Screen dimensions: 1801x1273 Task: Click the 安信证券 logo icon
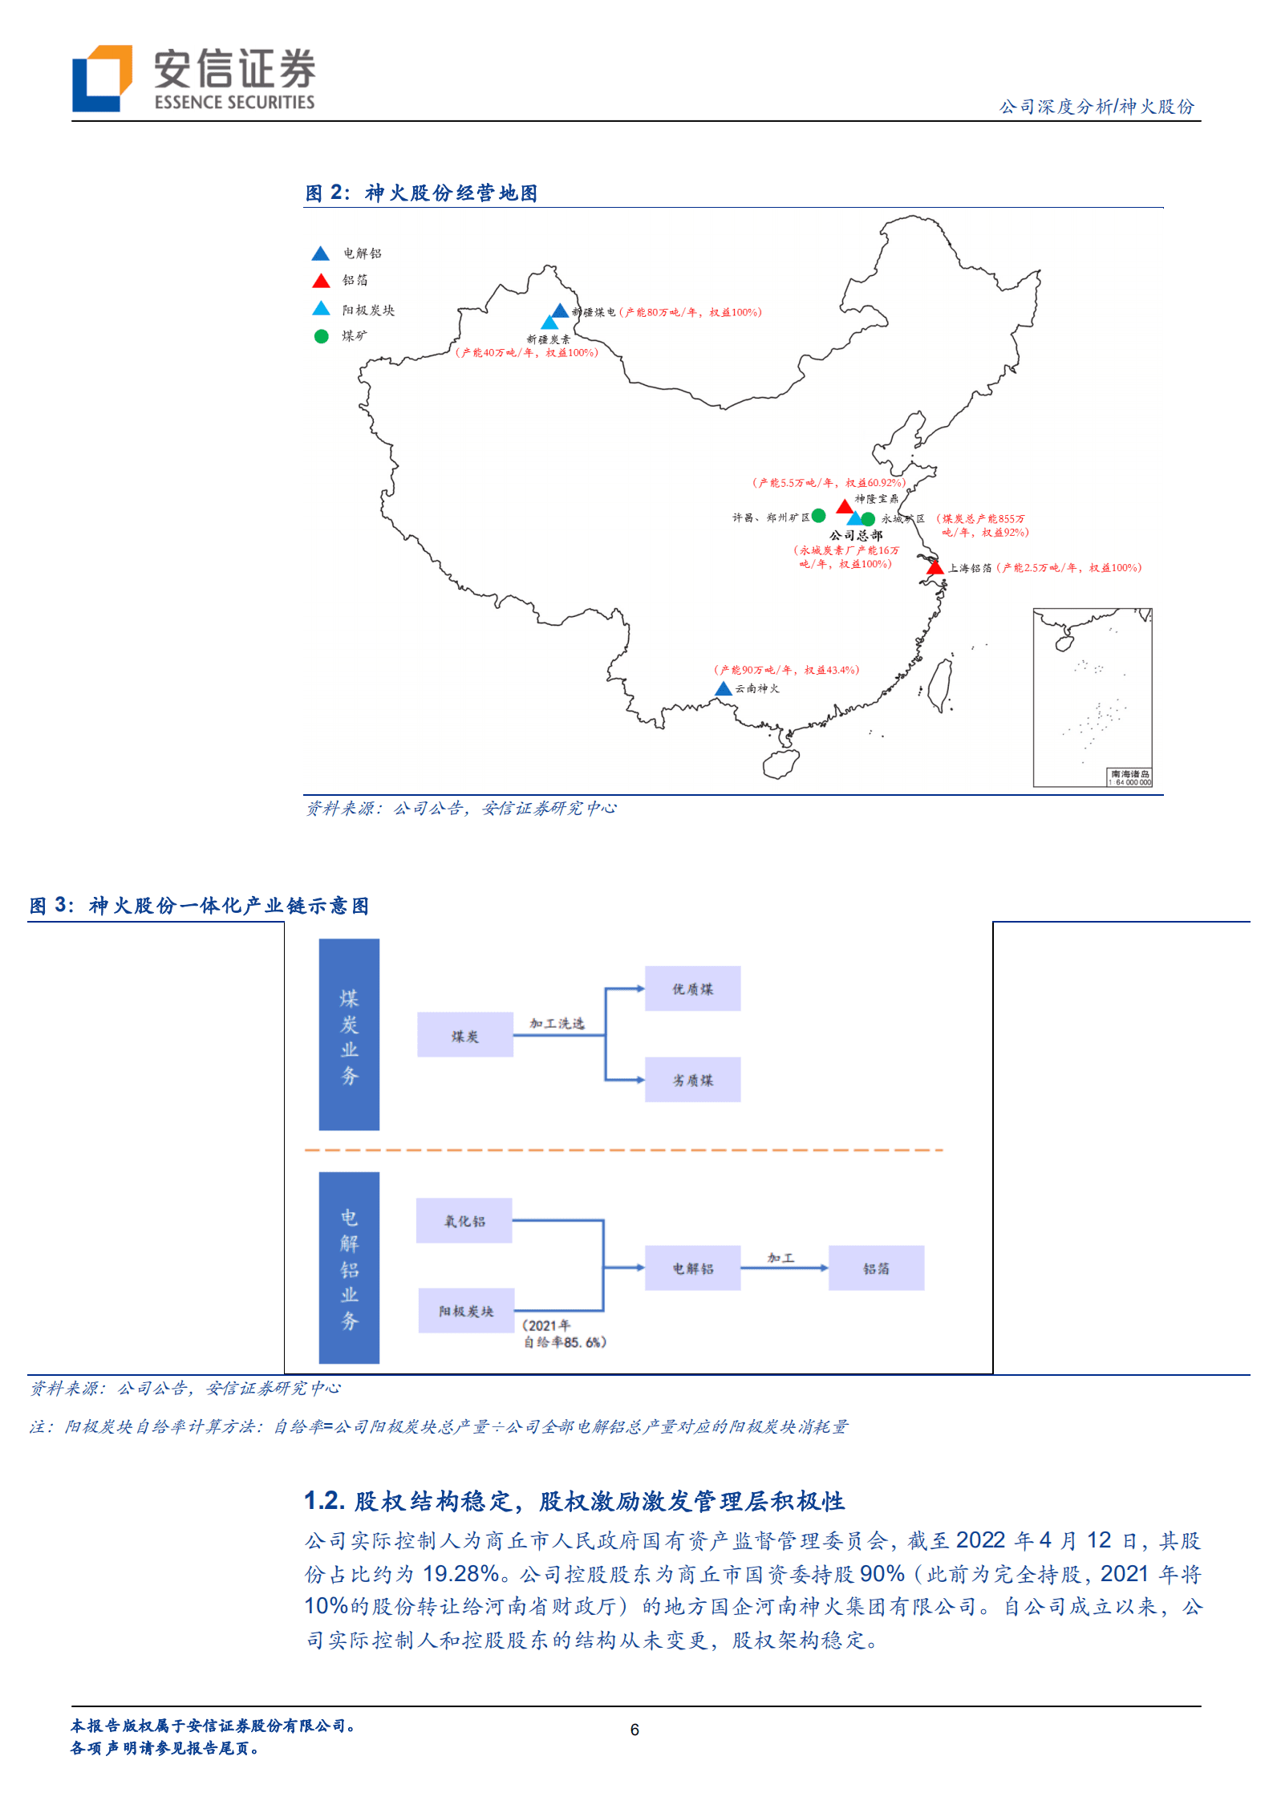(102, 78)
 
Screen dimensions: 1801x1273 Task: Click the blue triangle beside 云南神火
(723, 689)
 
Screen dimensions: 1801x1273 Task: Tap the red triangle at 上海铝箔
(934, 568)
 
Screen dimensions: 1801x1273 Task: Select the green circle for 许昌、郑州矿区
(818, 516)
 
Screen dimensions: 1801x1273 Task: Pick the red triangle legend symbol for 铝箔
(321, 281)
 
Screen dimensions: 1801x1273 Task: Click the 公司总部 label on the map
(855, 535)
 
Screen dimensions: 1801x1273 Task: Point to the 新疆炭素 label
(548, 339)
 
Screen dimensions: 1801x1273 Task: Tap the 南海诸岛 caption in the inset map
(1129, 774)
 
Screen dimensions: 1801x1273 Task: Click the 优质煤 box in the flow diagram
(692, 989)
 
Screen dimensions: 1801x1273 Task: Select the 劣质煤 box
(692, 1080)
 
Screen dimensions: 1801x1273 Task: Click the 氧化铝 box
(464, 1221)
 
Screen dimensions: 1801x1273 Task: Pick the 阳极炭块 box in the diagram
(466, 1311)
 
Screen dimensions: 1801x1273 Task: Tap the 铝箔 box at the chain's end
(876, 1268)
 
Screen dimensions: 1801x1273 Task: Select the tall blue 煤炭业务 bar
(349, 1034)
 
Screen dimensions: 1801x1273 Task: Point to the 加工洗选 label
(557, 1024)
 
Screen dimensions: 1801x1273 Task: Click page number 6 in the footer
(634, 1730)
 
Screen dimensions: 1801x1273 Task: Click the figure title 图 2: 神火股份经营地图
(421, 193)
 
